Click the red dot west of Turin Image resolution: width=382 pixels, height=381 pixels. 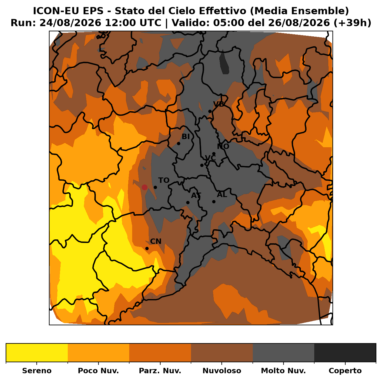[x=144, y=187]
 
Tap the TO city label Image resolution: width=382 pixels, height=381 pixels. [x=164, y=180]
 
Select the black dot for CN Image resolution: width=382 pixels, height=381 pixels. [x=147, y=249]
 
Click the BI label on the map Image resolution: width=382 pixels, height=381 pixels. [x=186, y=137]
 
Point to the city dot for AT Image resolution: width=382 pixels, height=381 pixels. [x=188, y=203]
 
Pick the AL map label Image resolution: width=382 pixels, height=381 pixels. [x=222, y=195]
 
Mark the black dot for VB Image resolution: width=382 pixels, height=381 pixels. [x=210, y=111]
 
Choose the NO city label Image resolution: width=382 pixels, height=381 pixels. [x=223, y=147]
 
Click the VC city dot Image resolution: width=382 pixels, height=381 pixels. [x=202, y=165]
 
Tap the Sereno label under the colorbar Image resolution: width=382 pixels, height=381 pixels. [x=37, y=371]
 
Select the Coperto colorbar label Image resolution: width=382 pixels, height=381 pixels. [x=345, y=371]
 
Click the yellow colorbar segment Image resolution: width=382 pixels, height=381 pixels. [x=37, y=352]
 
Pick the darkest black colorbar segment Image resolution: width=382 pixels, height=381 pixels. [x=345, y=352]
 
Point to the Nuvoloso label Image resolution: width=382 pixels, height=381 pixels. [x=222, y=371]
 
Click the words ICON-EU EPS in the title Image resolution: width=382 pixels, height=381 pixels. [x=68, y=11]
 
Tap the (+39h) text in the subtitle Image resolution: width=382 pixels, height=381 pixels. [x=352, y=23]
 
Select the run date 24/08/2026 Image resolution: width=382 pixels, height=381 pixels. [x=70, y=23]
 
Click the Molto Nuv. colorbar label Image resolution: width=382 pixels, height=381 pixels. [x=284, y=371]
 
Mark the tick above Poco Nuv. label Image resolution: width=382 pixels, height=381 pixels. [x=98, y=364]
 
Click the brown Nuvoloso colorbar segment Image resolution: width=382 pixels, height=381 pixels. [x=222, y=352]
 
